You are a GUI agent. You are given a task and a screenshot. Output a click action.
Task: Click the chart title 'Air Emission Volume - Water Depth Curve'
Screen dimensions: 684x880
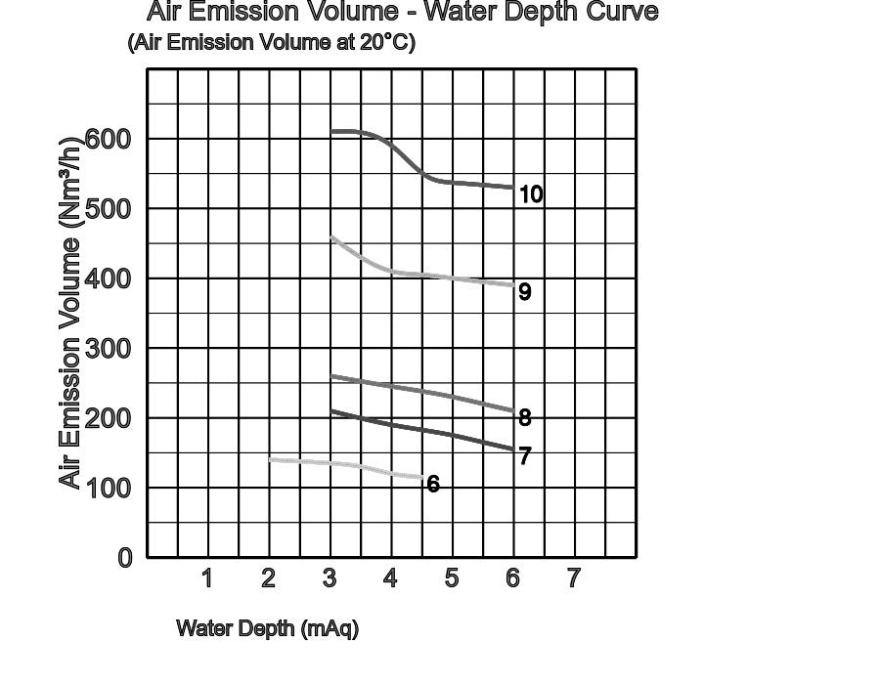coord(402,13)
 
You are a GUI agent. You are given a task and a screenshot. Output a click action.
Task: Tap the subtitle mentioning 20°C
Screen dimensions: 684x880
coord(271,43)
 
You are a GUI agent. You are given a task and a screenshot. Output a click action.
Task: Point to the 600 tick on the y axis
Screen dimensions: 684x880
coord(109,139)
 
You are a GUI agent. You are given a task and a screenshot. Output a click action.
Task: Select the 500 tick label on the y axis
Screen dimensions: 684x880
coord(109,209)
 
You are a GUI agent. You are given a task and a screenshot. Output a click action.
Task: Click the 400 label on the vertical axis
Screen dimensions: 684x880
coord(109,278)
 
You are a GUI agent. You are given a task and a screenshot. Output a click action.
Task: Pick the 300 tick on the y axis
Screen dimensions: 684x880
coord(109,349)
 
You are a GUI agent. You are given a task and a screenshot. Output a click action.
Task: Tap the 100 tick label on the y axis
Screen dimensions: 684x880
coord(109,488)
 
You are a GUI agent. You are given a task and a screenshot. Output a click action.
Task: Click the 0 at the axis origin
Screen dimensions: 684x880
coord(124,558)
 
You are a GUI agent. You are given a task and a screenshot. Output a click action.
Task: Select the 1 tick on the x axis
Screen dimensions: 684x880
coord(207,578)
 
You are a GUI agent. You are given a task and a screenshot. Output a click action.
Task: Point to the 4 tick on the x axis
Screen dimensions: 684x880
coord(390,578)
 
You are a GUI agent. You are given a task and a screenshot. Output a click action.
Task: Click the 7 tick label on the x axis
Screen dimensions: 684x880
coord(573,578)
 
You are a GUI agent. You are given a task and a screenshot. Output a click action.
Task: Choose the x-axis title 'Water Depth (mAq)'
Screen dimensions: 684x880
coord(267,628)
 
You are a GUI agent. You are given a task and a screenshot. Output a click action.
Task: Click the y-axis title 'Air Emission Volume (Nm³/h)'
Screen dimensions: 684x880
coord(69,311)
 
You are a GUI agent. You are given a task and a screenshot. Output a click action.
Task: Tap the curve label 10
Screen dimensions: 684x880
coord(531,194)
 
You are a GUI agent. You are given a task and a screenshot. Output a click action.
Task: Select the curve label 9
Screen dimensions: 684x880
coord(525,291)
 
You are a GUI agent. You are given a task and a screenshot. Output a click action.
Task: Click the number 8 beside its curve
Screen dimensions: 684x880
coord(525,417)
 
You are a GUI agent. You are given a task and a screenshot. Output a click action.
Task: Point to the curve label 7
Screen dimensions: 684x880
coord(525,456)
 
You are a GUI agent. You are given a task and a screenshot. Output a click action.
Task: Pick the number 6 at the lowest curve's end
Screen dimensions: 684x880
coord(433,484)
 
